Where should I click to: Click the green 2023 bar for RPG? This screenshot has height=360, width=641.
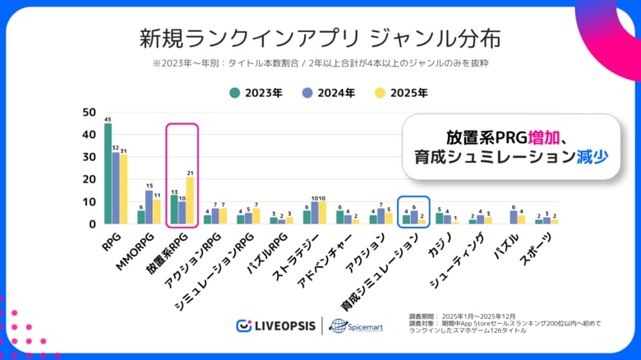108,174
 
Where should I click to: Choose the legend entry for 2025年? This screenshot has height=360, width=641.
401,93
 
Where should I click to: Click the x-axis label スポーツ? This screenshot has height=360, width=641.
538,247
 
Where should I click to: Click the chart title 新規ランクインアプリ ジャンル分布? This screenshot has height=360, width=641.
319,39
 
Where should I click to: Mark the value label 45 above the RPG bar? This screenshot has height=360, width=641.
108,119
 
